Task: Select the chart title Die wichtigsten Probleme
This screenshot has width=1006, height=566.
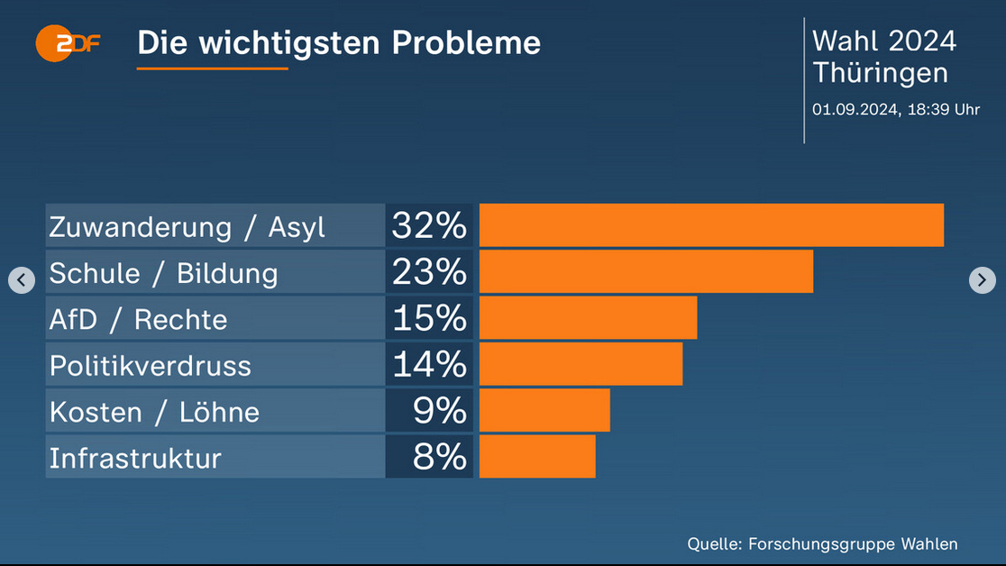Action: [x=339, y=42]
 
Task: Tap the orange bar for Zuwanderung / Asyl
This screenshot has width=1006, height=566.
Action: [x=711, y=225]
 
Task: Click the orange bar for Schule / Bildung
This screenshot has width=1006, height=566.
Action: [x=645, y=271]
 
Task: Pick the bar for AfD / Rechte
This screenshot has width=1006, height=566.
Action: [x=588, y=318]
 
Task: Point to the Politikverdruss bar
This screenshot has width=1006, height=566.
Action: [x=581, y=364]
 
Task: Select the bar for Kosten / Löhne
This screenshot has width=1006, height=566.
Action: [x=544, y=411]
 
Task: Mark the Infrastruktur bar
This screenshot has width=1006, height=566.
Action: [x=537, y=457]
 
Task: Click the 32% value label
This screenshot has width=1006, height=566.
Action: [x=429, y=225]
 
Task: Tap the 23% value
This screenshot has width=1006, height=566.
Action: [x=429, y=271]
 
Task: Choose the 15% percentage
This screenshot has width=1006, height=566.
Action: [x=429, y=318]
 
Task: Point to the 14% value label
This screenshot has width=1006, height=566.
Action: [x=429, y=364]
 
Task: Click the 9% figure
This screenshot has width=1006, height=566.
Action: [x=439, y=411]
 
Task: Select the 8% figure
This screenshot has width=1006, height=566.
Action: [x=439, y=457]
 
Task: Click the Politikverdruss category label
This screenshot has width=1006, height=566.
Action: [x=151, y=365]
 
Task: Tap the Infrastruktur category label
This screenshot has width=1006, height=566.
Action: [x=135, y=458]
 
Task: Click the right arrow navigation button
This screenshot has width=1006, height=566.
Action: [x=982, y=280]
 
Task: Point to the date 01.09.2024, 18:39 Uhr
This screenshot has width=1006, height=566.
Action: [x=895, y=110]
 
